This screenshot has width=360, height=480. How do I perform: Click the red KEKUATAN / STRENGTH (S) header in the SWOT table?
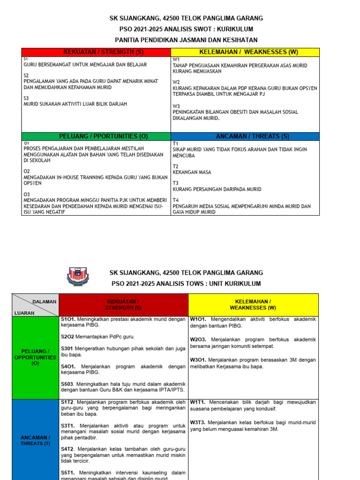[x=96, y=52]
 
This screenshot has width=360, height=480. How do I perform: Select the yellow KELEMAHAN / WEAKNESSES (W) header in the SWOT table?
[x=245, y=52]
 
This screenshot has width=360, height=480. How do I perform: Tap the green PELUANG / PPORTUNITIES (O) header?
[x=97, y=136]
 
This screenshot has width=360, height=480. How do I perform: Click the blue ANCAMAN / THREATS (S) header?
[x=245, y=136]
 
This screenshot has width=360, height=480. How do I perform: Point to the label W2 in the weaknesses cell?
[x=176, y=82]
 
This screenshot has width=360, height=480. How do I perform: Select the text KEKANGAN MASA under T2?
[x=192, y=172]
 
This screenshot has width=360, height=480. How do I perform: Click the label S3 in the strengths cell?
[x=26, y=98]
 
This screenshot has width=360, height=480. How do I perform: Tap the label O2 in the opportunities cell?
[x=27, y=172]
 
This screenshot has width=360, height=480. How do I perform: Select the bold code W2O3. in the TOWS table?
[x=199, y=339]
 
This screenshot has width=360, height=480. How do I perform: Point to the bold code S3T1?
[x=68, y=426]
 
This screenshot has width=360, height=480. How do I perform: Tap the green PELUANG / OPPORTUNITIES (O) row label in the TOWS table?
[x=36, y=357]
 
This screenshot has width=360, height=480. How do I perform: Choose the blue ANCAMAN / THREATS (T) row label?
[x=36, y=441]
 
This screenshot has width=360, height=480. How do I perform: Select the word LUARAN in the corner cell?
[x=24, y=313]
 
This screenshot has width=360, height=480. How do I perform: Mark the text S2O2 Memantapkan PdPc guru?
[x=94, y=337]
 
